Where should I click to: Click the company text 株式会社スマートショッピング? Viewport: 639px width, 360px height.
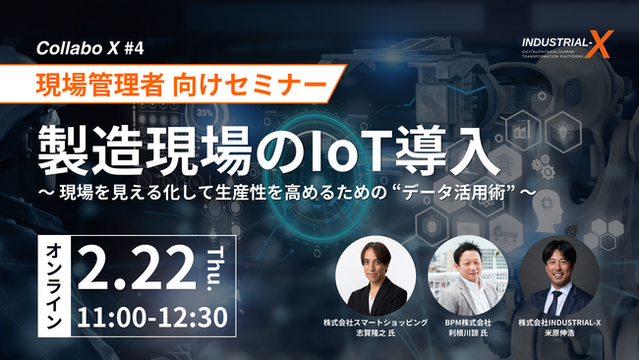coord(376,321)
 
